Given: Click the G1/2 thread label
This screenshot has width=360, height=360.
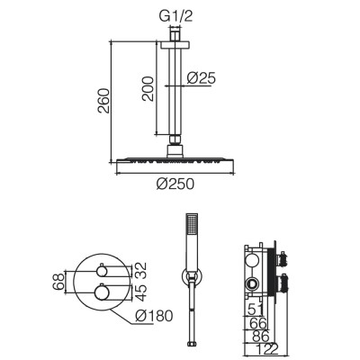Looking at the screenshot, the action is (175, 16).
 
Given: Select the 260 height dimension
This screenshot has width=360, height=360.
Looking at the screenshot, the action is (104, 101).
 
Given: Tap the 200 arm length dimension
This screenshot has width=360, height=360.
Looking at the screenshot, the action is (148, 89).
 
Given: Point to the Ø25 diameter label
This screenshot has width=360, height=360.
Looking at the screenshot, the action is (201, 78).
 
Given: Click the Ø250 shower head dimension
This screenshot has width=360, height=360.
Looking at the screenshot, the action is (175, 184).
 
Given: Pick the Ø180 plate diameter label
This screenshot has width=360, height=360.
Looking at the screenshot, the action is (154, 316).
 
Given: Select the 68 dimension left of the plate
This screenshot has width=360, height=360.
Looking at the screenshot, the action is (58, 282).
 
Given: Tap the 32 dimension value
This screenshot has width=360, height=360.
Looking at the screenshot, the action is (141, 271).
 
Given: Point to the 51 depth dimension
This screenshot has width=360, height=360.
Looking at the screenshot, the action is (255, 310).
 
